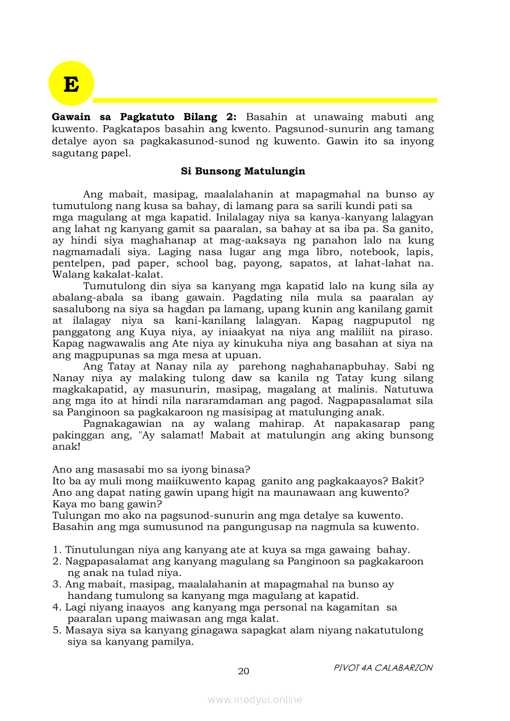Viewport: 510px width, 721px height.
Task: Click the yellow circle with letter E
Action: (71, 83)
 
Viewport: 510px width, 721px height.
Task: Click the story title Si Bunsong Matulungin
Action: (243, 171)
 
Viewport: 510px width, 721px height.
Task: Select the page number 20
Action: (244, 671)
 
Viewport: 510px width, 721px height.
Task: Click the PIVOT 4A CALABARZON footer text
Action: (383, 667)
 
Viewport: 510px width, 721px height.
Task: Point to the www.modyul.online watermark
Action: (255, 699)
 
